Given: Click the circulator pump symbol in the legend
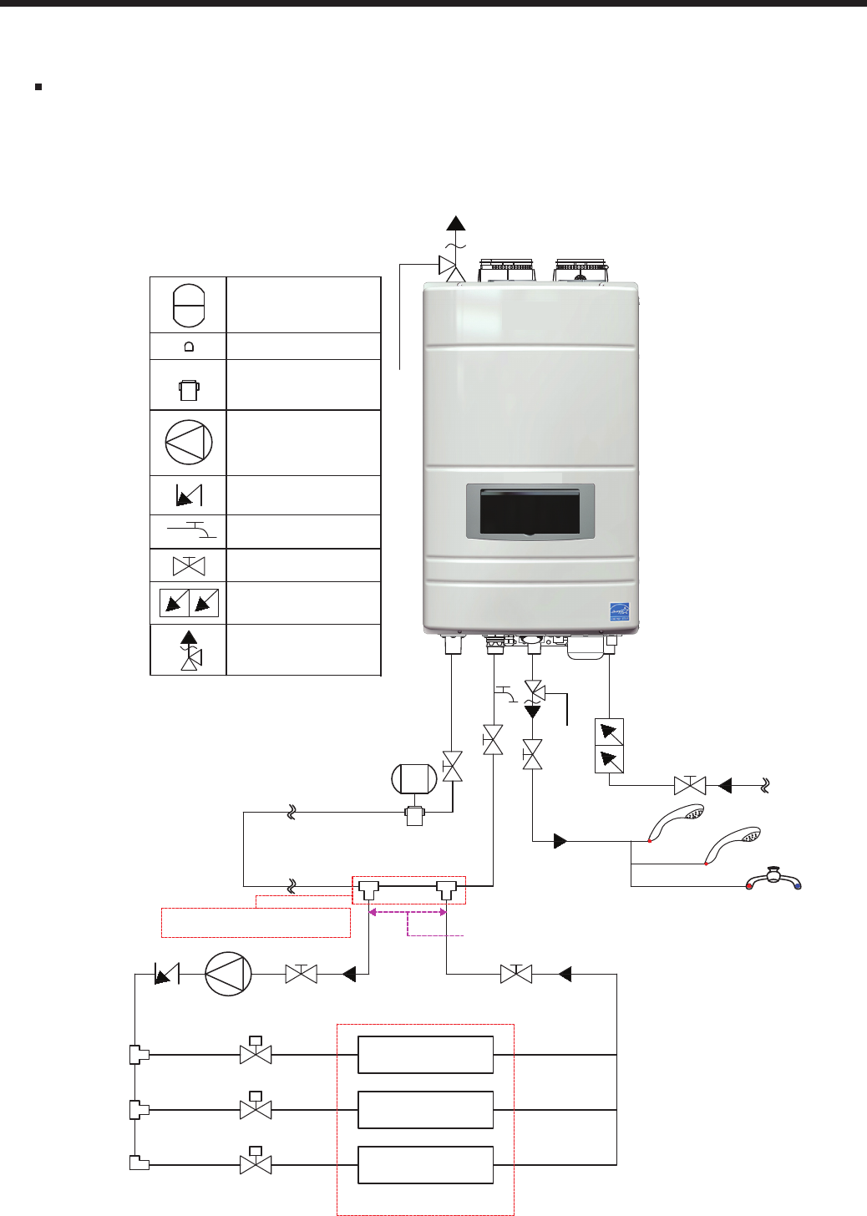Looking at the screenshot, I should [x=189, y=443].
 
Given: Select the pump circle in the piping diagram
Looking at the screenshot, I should [x=228, y=974].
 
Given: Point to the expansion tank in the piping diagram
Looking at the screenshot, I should [x=414, y=779].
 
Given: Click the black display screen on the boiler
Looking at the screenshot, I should [x=530, y=511].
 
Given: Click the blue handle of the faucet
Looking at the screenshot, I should [x=798, y=885].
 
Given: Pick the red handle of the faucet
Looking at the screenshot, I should [x=749, y=885].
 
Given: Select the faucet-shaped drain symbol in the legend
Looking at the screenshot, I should [x=192, y=529].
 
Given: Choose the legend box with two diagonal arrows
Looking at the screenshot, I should [x=189, y=602].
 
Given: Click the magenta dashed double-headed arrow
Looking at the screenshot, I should [x=408, y=914].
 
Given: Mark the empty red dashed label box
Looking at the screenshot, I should [x=255, y=923].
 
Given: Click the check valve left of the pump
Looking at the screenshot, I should [x=167, y=974].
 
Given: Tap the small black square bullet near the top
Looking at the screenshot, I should [x=38, y=86].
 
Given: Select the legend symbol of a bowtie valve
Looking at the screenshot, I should [x=189, y=566].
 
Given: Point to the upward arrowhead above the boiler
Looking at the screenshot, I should [x=455, y=223].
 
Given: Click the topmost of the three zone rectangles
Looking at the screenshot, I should [x=425, y=1055].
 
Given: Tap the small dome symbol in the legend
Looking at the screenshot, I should [x=189, y=347].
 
